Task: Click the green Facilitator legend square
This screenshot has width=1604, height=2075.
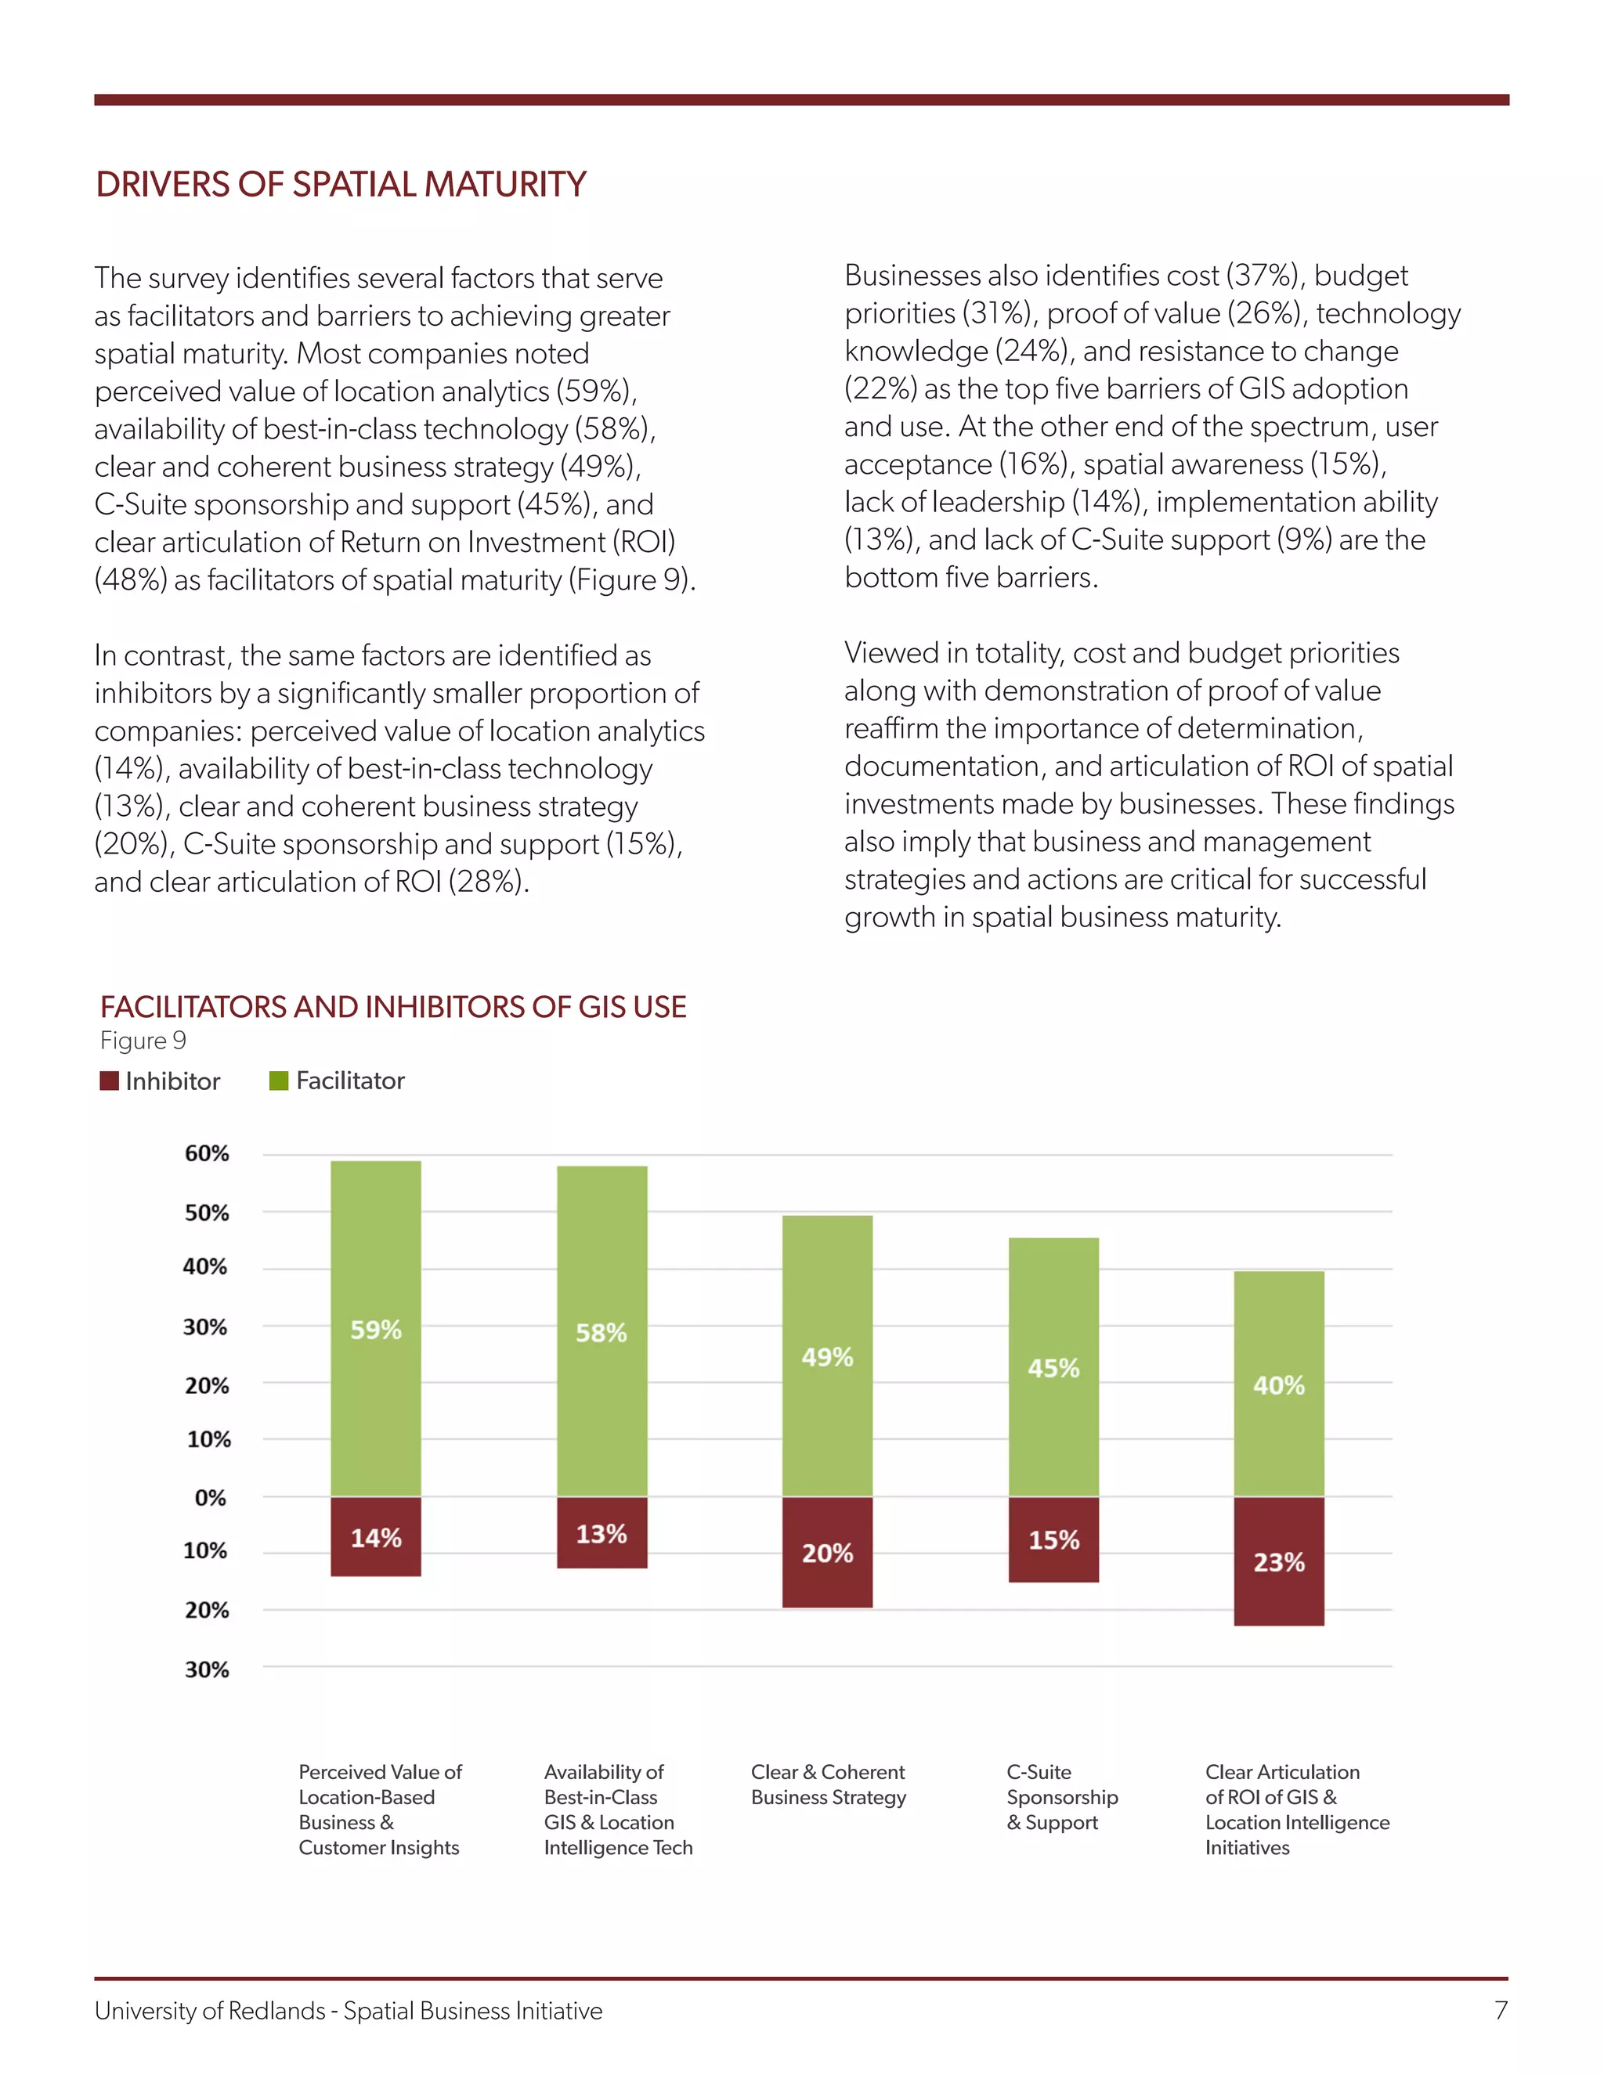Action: tap(278, 1081)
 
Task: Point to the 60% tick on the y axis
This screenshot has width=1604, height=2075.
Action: tap(206, 1153)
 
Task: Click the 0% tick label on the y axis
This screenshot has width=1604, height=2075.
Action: tap(210, 1498)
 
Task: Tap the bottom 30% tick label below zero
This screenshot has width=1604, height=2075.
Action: tap(206, 1670)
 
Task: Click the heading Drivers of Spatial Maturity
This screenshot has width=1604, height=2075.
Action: tap(341, 184)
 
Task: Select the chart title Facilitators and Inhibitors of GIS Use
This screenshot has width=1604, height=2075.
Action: tap(393, 1007)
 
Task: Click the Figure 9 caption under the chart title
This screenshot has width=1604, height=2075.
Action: tap(143, 1041)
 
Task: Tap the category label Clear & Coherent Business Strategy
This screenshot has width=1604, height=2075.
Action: tap(828, 1784)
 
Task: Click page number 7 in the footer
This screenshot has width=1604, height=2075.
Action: tap(1501, 2010)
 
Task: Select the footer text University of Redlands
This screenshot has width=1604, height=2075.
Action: tap(210, 2012)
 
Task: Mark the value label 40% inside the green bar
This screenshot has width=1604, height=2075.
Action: tap(1278, 1385)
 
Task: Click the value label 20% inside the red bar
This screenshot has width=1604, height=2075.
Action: tap(827, 1554)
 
